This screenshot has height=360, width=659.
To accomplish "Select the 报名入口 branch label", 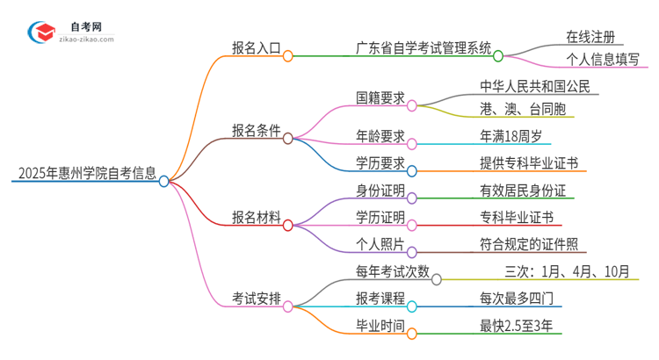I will (256, 49).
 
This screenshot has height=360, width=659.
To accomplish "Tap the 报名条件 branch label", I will (256, 131).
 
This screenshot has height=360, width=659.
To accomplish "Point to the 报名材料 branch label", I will (256, 217).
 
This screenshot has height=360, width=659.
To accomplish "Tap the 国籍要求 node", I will (380, 97).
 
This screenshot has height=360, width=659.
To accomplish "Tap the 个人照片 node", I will (380, 245).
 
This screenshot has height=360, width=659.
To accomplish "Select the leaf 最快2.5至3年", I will (512, 326).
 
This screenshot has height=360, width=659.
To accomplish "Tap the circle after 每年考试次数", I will (436, 278).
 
